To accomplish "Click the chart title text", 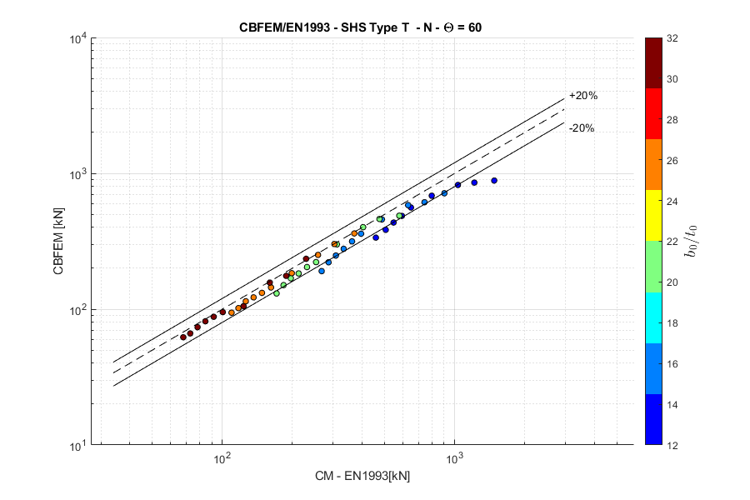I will click(361, 27).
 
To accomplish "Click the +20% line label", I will click(582, 96).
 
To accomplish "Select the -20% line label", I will click(582, 128).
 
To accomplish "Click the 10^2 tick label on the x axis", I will click(222, 459).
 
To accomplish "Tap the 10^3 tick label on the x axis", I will click(454, 459).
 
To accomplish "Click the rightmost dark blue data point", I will click(494, 181).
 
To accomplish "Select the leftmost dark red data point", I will click(183, 337).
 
